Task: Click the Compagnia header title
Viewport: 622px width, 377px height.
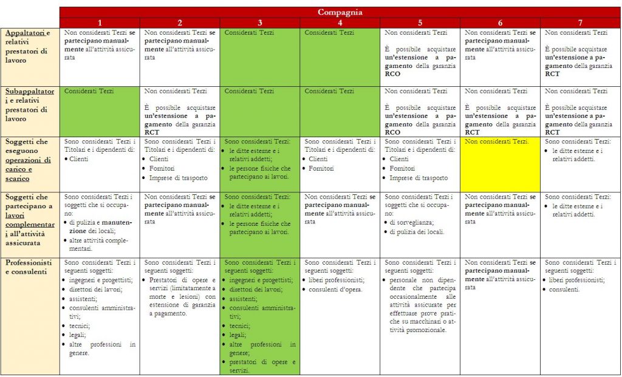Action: (x=340, y=12)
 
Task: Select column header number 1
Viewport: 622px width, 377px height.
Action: (x=100, y=22)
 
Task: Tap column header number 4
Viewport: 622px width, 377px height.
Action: (x=340, y=22)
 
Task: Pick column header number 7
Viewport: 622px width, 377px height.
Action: (x=581, y=22)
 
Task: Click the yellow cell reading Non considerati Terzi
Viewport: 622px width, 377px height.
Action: (x=500, y=164)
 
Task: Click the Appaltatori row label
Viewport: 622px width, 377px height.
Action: (x=29, y=46)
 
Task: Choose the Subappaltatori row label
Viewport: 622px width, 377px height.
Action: (x=29, y=104)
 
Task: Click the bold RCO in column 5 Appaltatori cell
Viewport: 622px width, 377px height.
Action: (x=392, y=74)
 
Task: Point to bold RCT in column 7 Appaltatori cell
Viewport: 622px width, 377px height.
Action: (x=552, y=74)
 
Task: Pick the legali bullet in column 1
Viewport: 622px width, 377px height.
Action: (x=80, y=335)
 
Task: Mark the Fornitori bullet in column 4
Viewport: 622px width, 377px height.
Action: (x=321, y=168)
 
